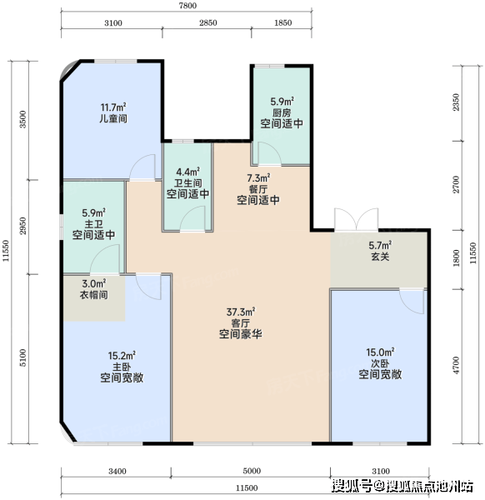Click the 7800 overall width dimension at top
click(187, 6)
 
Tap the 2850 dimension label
click(208, 23)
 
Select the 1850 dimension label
click(283, 23)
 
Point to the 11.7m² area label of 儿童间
click(113, 107)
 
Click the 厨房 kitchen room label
click(282, 112)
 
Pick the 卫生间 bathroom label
click(187, 183)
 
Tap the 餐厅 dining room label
click(258, 189)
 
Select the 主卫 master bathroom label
click(93, 223)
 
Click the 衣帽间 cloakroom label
click(93, 295)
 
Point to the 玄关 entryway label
click(380, 257)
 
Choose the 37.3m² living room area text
click(241, 312)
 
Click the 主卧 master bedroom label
click(122, 367)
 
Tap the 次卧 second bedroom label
click(380, 363)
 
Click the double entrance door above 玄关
click(356, 219)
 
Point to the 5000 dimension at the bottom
click(252, 471)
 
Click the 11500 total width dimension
click(247, 487)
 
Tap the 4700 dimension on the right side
click(457, 366)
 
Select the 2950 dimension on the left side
click(22, 226)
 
